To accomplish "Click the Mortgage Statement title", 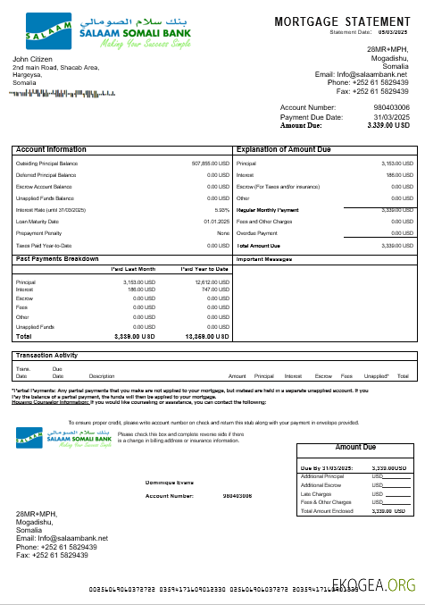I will (x=343, y=21).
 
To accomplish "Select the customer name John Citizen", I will (x=33, y=59).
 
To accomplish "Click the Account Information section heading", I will (x=52, y=149).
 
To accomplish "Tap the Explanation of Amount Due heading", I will (x=285, y=149).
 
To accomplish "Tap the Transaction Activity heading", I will (x=47, y=355).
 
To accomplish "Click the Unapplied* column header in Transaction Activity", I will (x=377, y=376).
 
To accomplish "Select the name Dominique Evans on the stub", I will (x=170, y=483).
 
